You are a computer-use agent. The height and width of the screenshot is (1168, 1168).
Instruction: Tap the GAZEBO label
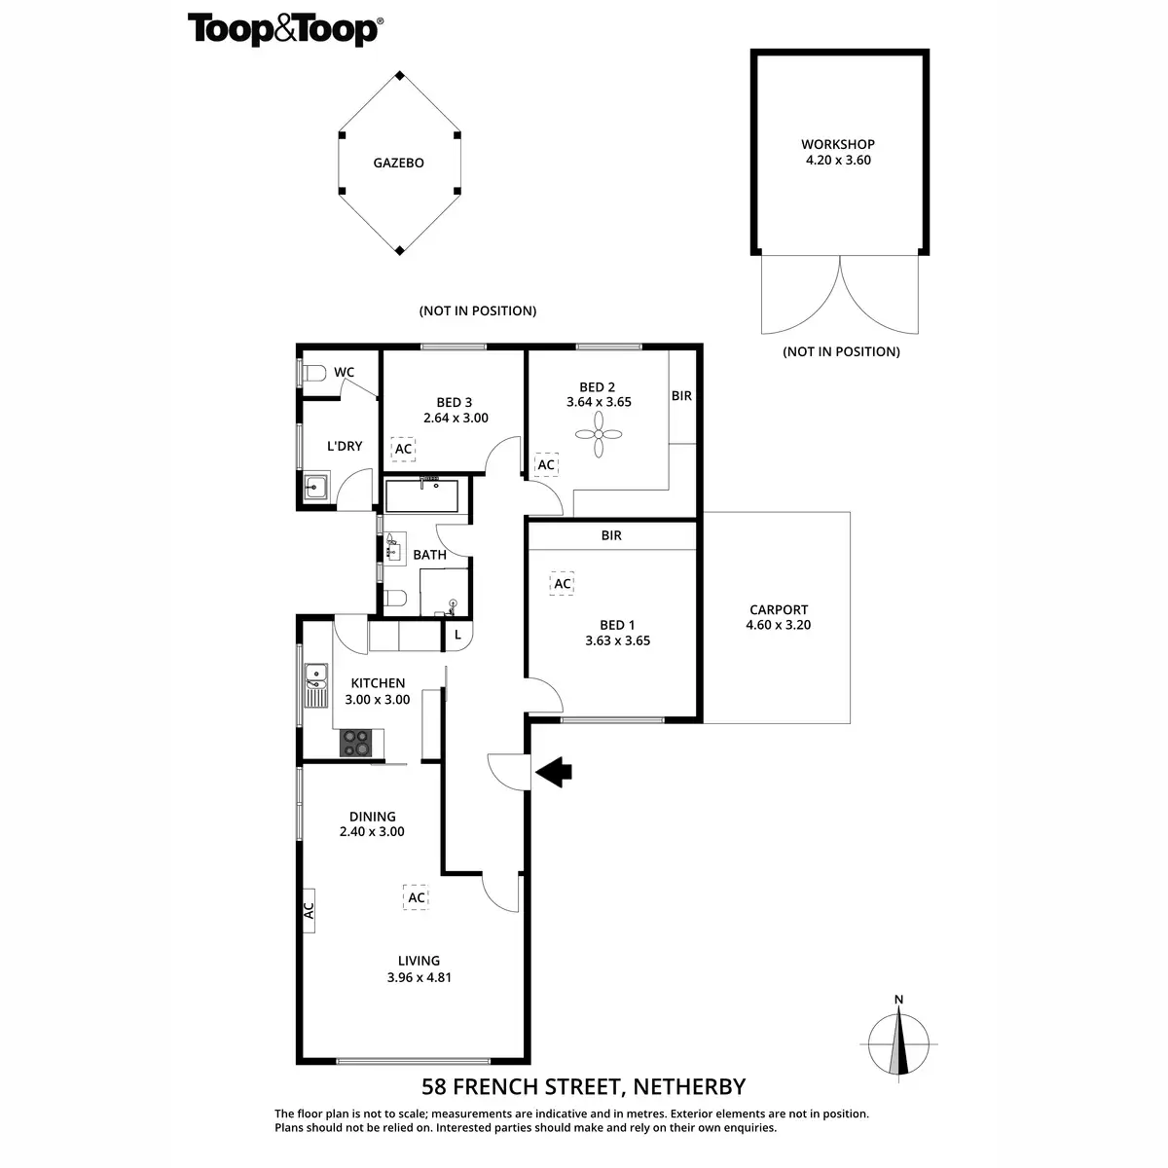(399, 164)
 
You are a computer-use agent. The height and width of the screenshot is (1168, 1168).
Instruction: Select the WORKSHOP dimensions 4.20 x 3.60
(838, 161)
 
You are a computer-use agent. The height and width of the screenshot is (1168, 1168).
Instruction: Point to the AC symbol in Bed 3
(403, 449)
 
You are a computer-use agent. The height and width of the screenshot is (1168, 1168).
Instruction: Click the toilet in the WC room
(313, 373)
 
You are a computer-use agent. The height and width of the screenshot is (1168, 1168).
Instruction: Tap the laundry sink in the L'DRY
(316, 487)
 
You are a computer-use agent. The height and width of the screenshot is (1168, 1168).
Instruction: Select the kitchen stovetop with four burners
(356, 743)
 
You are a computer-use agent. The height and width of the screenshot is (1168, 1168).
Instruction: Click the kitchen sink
(315, 682)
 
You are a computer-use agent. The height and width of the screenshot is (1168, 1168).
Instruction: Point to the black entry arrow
(554, 773)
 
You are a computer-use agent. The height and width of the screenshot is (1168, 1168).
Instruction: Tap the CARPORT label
(779, 610)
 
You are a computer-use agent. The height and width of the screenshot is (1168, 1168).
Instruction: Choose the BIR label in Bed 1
(611, 535)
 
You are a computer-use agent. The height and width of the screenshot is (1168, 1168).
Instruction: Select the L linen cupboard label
(458, 636)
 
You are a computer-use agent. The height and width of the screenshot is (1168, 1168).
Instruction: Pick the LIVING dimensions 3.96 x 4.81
(419, 977)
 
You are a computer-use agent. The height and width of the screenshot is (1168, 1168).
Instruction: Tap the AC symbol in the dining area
(417, 897)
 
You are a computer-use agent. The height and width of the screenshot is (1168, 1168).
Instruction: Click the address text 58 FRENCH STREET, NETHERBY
(584, 1086)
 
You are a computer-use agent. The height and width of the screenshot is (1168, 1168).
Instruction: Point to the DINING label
(373, 817)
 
